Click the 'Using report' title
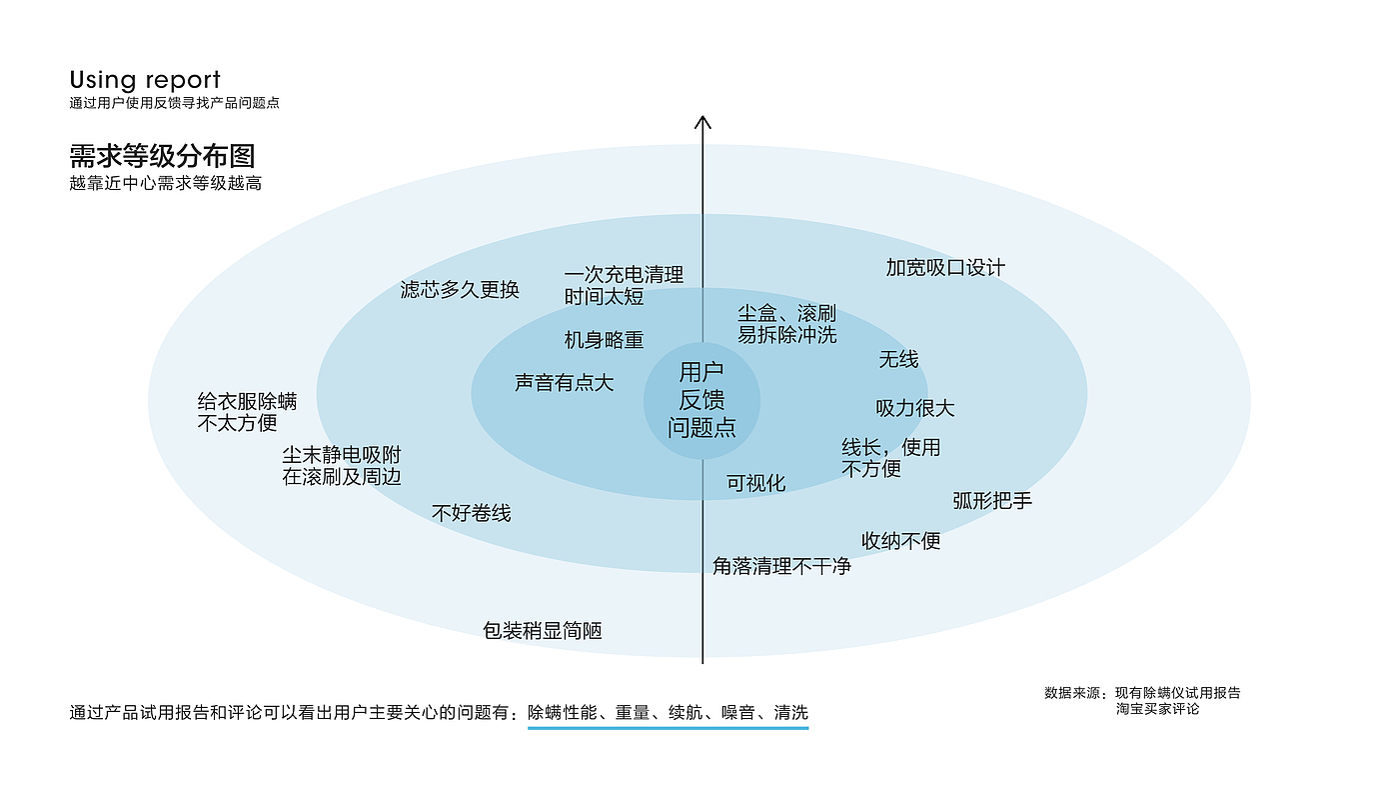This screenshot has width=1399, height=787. (x=145, y=80)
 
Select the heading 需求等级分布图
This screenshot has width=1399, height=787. (x=162, y=156)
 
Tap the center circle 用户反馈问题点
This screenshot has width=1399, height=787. (x=701, y=400)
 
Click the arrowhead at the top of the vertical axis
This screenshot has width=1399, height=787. (x=702, y=123)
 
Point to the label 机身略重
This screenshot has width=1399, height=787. (x=604, y=340)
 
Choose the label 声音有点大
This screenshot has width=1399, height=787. (x=564, y=383)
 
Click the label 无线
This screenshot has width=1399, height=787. (x=898, y=359)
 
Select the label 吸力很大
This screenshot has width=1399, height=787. (x=914, y=408)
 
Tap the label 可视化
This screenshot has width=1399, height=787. (x=755, y=484)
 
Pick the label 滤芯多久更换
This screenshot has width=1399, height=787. (x=460, y=290)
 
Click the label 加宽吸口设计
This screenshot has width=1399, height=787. (x=945, y=268)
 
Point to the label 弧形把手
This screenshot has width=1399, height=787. (x=991, y=501)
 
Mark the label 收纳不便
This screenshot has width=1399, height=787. (x=900, y=541)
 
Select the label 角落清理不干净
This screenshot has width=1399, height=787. (x=781, y=566)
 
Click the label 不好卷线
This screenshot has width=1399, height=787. (x=471, y=513)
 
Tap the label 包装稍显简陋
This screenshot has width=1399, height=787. (x=542, y=631)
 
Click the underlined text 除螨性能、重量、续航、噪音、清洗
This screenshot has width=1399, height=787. (x=668, y=713)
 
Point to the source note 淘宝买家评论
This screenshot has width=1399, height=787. (x=1157, y=709)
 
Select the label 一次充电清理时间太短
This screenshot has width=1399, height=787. (x=624, y=286)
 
